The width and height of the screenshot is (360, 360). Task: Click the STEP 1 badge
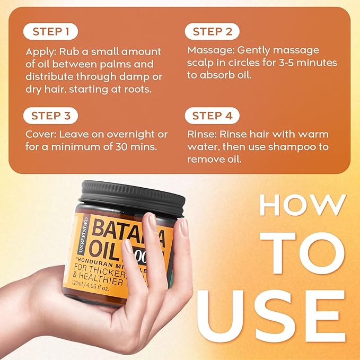[51, 32]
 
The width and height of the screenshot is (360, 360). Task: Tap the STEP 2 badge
[213, 32]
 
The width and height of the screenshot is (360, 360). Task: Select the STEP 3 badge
[51, 116]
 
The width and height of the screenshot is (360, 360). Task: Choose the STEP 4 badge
[213, 116]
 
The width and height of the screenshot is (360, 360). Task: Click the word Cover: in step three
[42, 134]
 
